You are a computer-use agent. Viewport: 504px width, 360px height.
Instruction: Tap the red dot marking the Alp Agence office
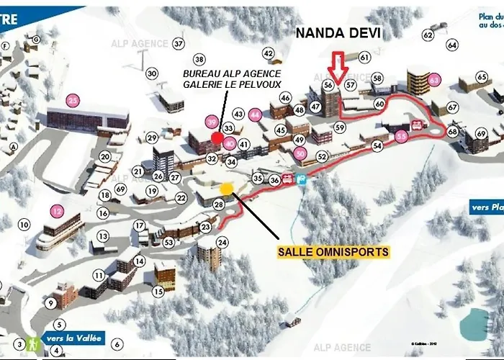tap(217, 137)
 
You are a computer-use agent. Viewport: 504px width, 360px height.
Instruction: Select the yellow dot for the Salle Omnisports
tap(227, 189)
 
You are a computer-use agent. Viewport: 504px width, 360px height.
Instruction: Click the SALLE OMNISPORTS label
tap(333, 252)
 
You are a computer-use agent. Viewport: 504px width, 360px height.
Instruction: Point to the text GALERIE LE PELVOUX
tap(231, 89)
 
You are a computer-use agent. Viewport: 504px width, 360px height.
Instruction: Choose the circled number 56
tap(328, 85)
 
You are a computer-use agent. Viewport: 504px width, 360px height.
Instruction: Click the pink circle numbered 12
tap(58, 211)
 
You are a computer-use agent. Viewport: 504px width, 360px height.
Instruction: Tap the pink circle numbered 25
tap(73, 100)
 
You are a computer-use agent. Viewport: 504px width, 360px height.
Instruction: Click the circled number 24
tap(222, 243)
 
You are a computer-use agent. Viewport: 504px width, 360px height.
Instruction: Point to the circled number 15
tap(158, 292)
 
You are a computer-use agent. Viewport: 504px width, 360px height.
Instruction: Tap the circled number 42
tap(269, 53)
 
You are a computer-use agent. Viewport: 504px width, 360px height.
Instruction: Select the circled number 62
tap(428, 35)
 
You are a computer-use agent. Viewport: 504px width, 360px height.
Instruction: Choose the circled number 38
tap(199, 59)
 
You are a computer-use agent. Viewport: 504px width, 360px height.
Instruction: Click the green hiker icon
tap(32, 343)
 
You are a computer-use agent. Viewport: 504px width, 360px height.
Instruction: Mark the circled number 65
tap(484, 78)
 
